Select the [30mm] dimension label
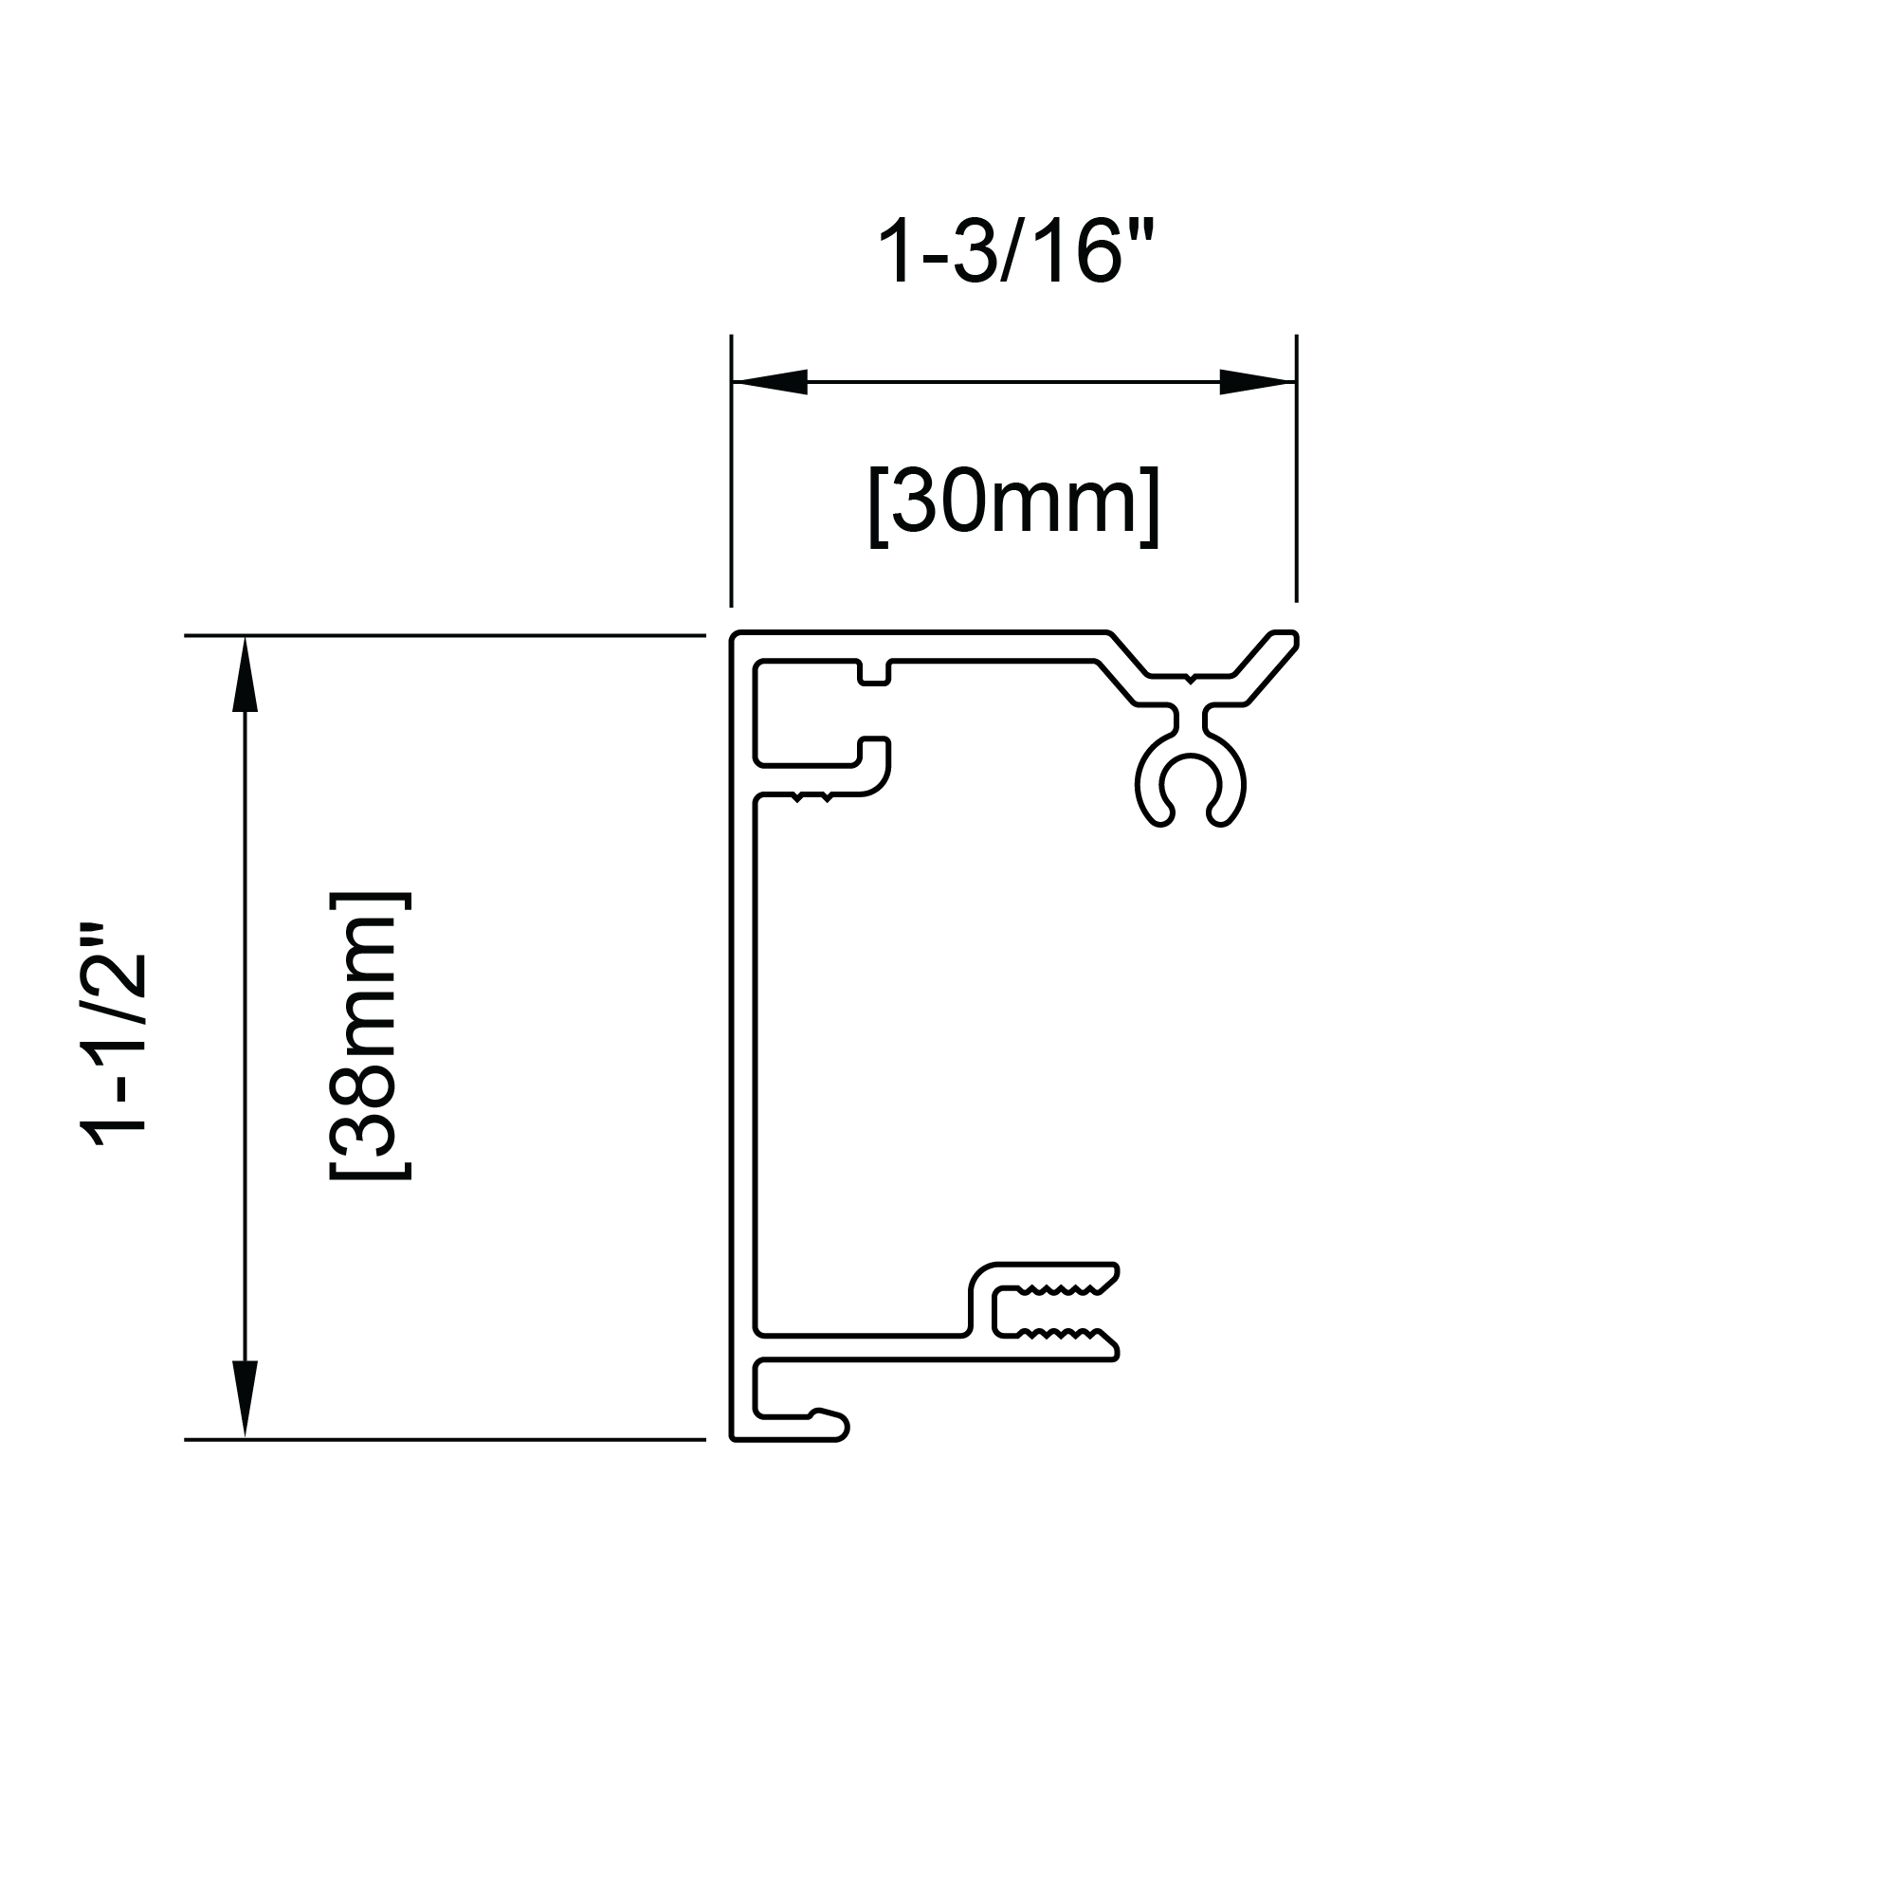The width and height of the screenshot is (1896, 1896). pyautogui.click(x=1013, y=504)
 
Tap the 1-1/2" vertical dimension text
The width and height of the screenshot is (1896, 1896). pyautogui.click(x=116, y=1048)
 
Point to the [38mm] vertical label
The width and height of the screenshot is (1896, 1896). pyautogui.click(x=369, y=1035)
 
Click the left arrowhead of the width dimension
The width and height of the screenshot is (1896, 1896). pyautogui.click(x=771, y=382)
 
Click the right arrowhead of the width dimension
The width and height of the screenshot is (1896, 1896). pyautogui.click(x=1257, y=382)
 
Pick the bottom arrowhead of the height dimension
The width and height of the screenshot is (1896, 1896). pyautogui.click(x=245, y=1399)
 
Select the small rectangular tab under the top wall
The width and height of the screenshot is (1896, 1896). pyautogui.click(x=873, y=673)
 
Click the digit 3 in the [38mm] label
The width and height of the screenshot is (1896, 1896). pyautogui.click(x=369, y=1131)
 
